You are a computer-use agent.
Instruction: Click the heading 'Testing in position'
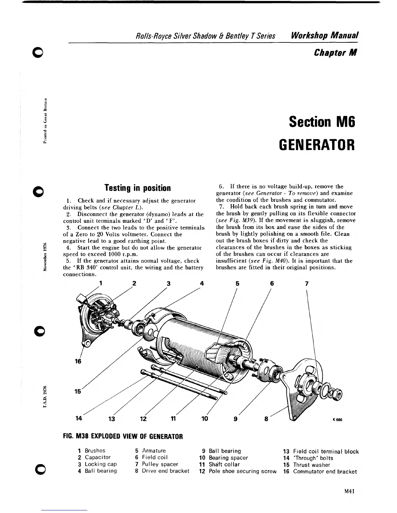tap(137, 188)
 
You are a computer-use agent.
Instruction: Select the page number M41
tap(349, 491)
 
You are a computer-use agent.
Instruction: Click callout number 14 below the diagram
tap(79, 418)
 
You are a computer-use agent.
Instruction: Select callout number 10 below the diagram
tap(205, 418)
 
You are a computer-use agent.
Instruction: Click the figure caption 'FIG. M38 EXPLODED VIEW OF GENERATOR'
tap(123, 436)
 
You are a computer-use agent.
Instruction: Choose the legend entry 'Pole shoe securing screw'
tap(242, 471)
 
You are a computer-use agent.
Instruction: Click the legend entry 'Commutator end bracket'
tap(325, 472)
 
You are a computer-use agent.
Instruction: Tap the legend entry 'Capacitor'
tap(98, 457)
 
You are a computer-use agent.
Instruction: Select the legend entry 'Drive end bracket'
tap(165, 471)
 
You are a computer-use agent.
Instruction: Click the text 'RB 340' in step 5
tap(81, 268)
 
